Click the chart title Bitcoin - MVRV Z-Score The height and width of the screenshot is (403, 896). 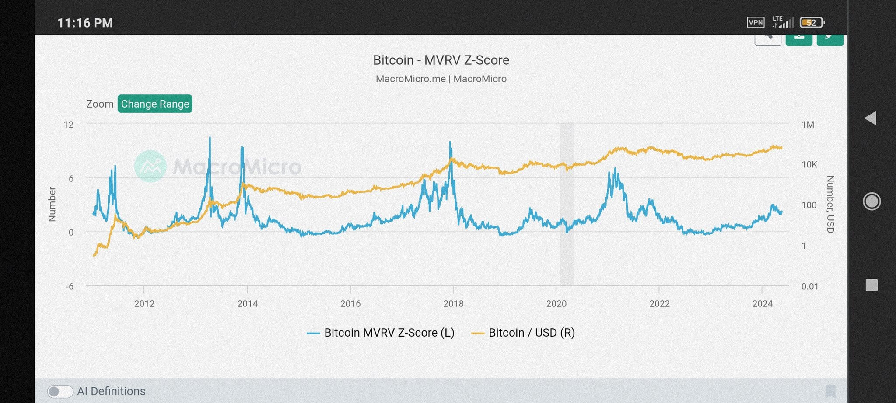coord(441,60)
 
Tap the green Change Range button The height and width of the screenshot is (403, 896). coord(155,104)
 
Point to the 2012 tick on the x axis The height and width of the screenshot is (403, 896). coord(144,303)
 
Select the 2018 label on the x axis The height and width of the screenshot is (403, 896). coord(453,303)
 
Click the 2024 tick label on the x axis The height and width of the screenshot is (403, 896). coord(762,303)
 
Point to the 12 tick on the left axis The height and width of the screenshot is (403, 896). coord(69,125)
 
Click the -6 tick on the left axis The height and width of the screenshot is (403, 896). coord(70,286)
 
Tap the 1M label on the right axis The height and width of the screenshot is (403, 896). coord(808,125)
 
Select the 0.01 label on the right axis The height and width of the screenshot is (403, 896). coord(809,286)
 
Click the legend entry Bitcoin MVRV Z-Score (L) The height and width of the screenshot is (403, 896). coord(381,333)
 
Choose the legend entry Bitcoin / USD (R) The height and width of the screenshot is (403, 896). coord(523,333)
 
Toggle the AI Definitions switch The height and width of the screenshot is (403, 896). coord(60,391)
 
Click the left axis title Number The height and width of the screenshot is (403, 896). coord(52,204)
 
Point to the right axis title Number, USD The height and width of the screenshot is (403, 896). coord(830,204)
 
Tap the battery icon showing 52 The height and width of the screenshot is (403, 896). coord(812,22)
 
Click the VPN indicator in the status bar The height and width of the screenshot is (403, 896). coord(756,22)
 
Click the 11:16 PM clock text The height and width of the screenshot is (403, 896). coord(85,23)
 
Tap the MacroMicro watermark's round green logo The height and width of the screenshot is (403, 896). coord(150,166)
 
